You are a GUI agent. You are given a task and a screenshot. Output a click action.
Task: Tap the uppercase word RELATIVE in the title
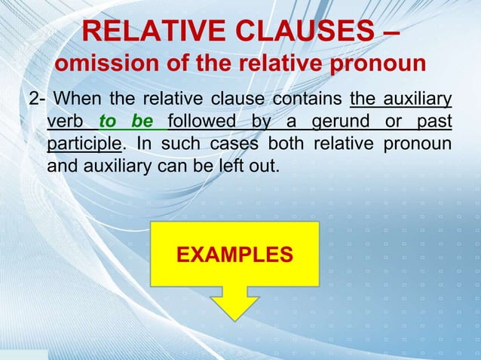[x=144, y=32]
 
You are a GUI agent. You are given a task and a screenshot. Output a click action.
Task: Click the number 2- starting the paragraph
[x=37, y=99]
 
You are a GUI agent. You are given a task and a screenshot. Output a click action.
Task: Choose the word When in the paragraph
[x=79, y=99]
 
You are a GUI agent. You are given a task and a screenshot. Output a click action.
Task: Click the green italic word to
[x=112, y=121]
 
